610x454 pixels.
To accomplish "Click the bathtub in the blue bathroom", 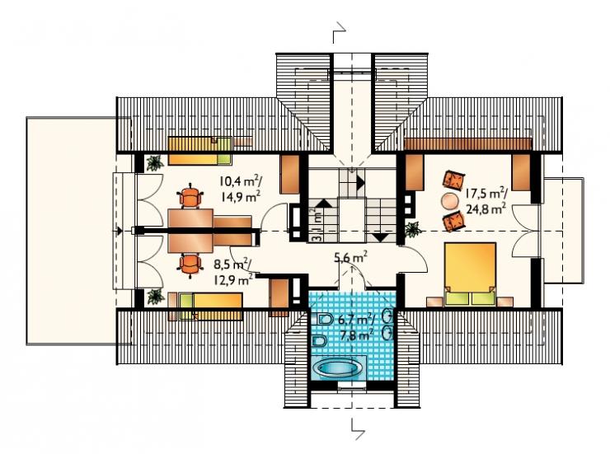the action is pyautogui.click(x=336, y=367).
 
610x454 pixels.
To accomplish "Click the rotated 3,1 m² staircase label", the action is pyautogui.click(x=317, y=225).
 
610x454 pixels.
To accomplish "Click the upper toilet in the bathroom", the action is pyautogui.click(x=326, y=320).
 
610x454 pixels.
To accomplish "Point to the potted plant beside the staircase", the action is pyautogui.click(x=413, y=229).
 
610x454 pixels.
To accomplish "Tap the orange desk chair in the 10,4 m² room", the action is pyautogui.click(x=190, y=195).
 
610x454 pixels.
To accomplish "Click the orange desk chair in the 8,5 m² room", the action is pyautogui.click(x=190, y=265).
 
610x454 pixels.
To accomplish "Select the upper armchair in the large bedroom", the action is pyautogui.click(x=453, y=180).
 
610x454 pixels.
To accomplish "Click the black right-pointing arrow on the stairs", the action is pyautogui.click(x=360, y=181).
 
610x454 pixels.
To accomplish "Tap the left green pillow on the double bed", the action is pyautogui.click(x=457, y=297).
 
